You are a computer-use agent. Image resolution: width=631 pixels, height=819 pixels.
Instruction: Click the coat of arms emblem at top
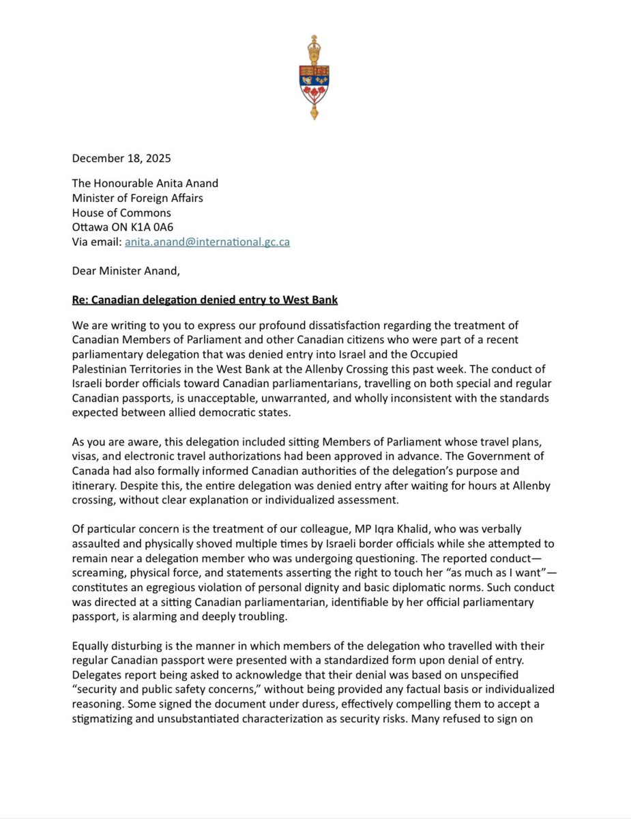314,77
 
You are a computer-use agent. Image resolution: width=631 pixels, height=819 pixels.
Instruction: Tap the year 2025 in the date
158,158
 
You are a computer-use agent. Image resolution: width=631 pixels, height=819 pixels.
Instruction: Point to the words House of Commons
121,213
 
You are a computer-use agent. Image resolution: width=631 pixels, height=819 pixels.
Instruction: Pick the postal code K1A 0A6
156,227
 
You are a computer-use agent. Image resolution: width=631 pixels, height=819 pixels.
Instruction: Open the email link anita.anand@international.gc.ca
207,242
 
